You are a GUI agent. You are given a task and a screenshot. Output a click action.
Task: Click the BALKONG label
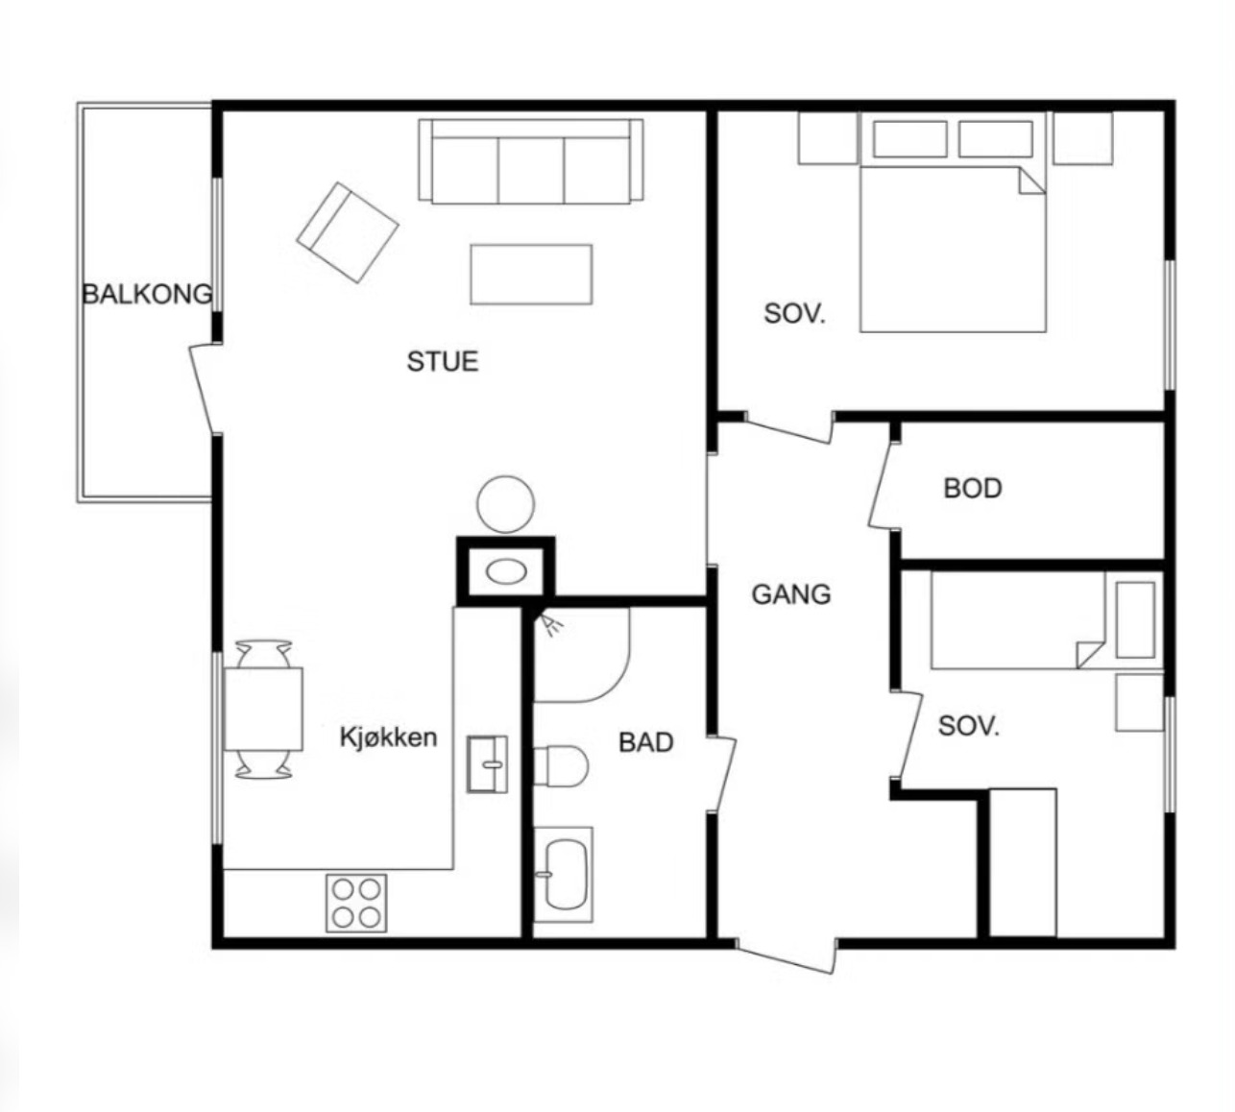pyautogui.click(x=148, y=294)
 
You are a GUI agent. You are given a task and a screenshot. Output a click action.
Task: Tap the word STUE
pyautogui.click(x=442, y=361)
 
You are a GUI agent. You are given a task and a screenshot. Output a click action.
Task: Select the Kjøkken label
pyautogui.click(x=389, y=737)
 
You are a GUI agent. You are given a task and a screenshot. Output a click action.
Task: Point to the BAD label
pyautogui.click(x=645, y=742)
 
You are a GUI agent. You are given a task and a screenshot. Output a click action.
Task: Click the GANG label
pyautogui.click(x=791, y=594)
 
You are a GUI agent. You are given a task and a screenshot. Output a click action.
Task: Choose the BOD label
pyautogui.click(x=973, y=488)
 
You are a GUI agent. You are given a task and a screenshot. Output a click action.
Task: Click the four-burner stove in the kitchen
pyautogui.click(x=356, y=903)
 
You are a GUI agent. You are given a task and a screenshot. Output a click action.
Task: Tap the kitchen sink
pyautogui.click(x=487, y=764)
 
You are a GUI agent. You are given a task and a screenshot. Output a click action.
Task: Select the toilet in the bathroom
pyautogui.click(x=560, y=766)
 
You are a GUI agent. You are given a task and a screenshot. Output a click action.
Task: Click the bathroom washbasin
pyautogui.click(x=563, y=874)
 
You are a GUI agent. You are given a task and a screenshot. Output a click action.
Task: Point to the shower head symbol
pyautogui.click(x=550, y=624)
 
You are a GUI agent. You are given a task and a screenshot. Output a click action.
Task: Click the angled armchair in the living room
pyautogui.click(x=348, y=232)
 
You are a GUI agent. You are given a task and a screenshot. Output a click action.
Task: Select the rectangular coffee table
pyautogui.click(x=531, y=274)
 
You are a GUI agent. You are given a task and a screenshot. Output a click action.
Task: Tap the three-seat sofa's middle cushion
pyautogui.click(x=531, y=171)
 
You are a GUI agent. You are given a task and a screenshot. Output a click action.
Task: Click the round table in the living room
pyautogui.click(x=505, y=504)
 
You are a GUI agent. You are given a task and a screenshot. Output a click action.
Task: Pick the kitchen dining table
pyautogui.click(x=263, y=709)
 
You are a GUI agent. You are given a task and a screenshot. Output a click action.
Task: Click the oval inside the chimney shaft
pyautogui.click(x=506, y=572)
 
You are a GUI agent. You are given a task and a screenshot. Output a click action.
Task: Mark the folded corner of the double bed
pyautogui.click(x=1031, y=181)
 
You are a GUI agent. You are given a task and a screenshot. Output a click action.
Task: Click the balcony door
pyautogui.click(x=205, y=389)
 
